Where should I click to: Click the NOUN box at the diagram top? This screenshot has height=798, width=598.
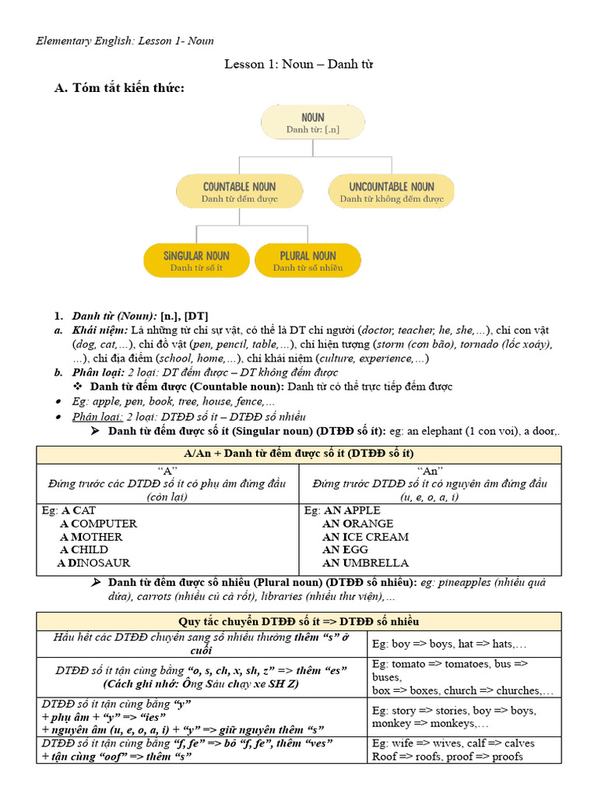pos(312,123)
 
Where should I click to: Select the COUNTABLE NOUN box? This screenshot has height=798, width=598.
pos(239,192)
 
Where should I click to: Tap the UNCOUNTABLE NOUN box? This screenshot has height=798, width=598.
pos(391,192)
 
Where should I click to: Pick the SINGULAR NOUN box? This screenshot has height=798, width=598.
pos(196,261)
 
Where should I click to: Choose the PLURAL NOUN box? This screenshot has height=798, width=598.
pos(308,261)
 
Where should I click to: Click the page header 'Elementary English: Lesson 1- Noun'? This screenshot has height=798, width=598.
pos(125,41)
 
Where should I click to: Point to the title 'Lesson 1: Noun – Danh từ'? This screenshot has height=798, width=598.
pos(299,64)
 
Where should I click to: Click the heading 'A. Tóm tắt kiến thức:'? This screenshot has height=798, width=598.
pos(119,88)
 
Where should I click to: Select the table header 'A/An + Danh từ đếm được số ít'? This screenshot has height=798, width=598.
pos(299,454)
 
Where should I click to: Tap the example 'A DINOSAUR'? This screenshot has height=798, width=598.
pos(94,563)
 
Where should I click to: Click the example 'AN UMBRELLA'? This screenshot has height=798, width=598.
pos(365,563)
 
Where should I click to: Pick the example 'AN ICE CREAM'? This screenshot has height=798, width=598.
pos(365,537)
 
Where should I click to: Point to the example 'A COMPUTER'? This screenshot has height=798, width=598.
pos(98,524)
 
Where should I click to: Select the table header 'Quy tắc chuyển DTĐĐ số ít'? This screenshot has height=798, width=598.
pos(299,621)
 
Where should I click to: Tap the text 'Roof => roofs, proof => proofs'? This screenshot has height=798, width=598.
pos(447,756)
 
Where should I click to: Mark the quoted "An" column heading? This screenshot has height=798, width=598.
pos(430,471)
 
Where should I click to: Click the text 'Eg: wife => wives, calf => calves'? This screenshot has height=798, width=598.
pos(453,743)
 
